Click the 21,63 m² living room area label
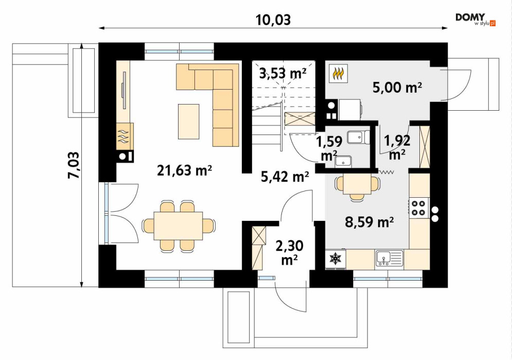(185, 170)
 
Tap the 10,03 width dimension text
(273, 20)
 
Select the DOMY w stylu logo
(475, 20)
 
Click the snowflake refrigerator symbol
(336, 259)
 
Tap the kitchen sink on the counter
(389, 258)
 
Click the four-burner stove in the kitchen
(419, 208)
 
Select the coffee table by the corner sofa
(188, 121)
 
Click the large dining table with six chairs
(178, 226)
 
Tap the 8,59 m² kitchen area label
(369, 222)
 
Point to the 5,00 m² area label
(397, 87)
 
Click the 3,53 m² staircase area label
(283, 73)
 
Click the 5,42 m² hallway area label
(285, 177)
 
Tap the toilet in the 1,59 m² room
(358, 137)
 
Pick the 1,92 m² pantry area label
(397, 147)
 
